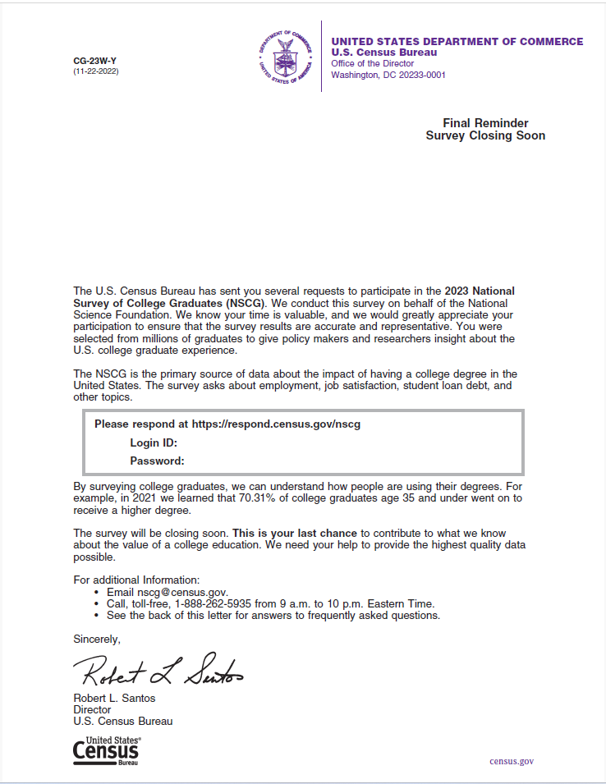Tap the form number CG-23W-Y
pos(95,61)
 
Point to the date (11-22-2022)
pos(95,71)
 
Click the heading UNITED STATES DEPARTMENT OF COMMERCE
pos(457,42)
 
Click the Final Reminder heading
pos(485,123)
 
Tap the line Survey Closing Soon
pos(485,135)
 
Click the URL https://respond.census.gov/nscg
pos(276,424)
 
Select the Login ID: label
pos(154,442)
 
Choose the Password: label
pos(157,461)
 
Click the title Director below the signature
pos(92,709)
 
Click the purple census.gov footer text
pos(512,761)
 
